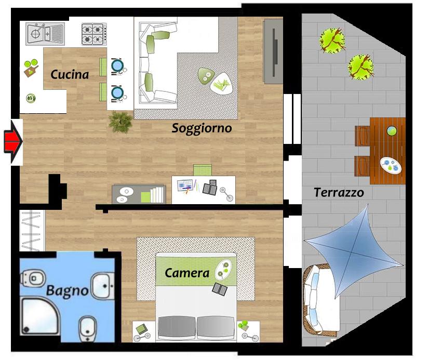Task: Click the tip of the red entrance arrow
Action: click(x=22, y=141)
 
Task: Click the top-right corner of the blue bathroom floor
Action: click(x=114, y=251)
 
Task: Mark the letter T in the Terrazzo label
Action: click(x=317, y=192)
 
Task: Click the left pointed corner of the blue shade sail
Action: click(x=304, y=241)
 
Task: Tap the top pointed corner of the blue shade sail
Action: click(x=367, y=205)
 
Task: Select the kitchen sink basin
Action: click(x=35, y=34)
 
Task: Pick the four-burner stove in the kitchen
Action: click(x=94, y=34)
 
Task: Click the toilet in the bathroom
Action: click(x=32, y=278)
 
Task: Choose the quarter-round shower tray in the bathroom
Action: click(x=40, y=316)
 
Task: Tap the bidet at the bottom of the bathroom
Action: click(x=87, y=328)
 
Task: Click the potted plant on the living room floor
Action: click(x=121, y=122)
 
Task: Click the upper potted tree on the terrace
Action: click(x=332, y=41)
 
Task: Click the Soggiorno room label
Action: click(x=202, y=128)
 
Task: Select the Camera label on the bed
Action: click(x=187, y=273)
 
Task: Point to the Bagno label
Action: click(x=67, y=291)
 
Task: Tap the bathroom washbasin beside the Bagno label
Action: click(x=103, y=286)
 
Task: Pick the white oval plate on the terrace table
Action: click(x=391, y=165)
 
